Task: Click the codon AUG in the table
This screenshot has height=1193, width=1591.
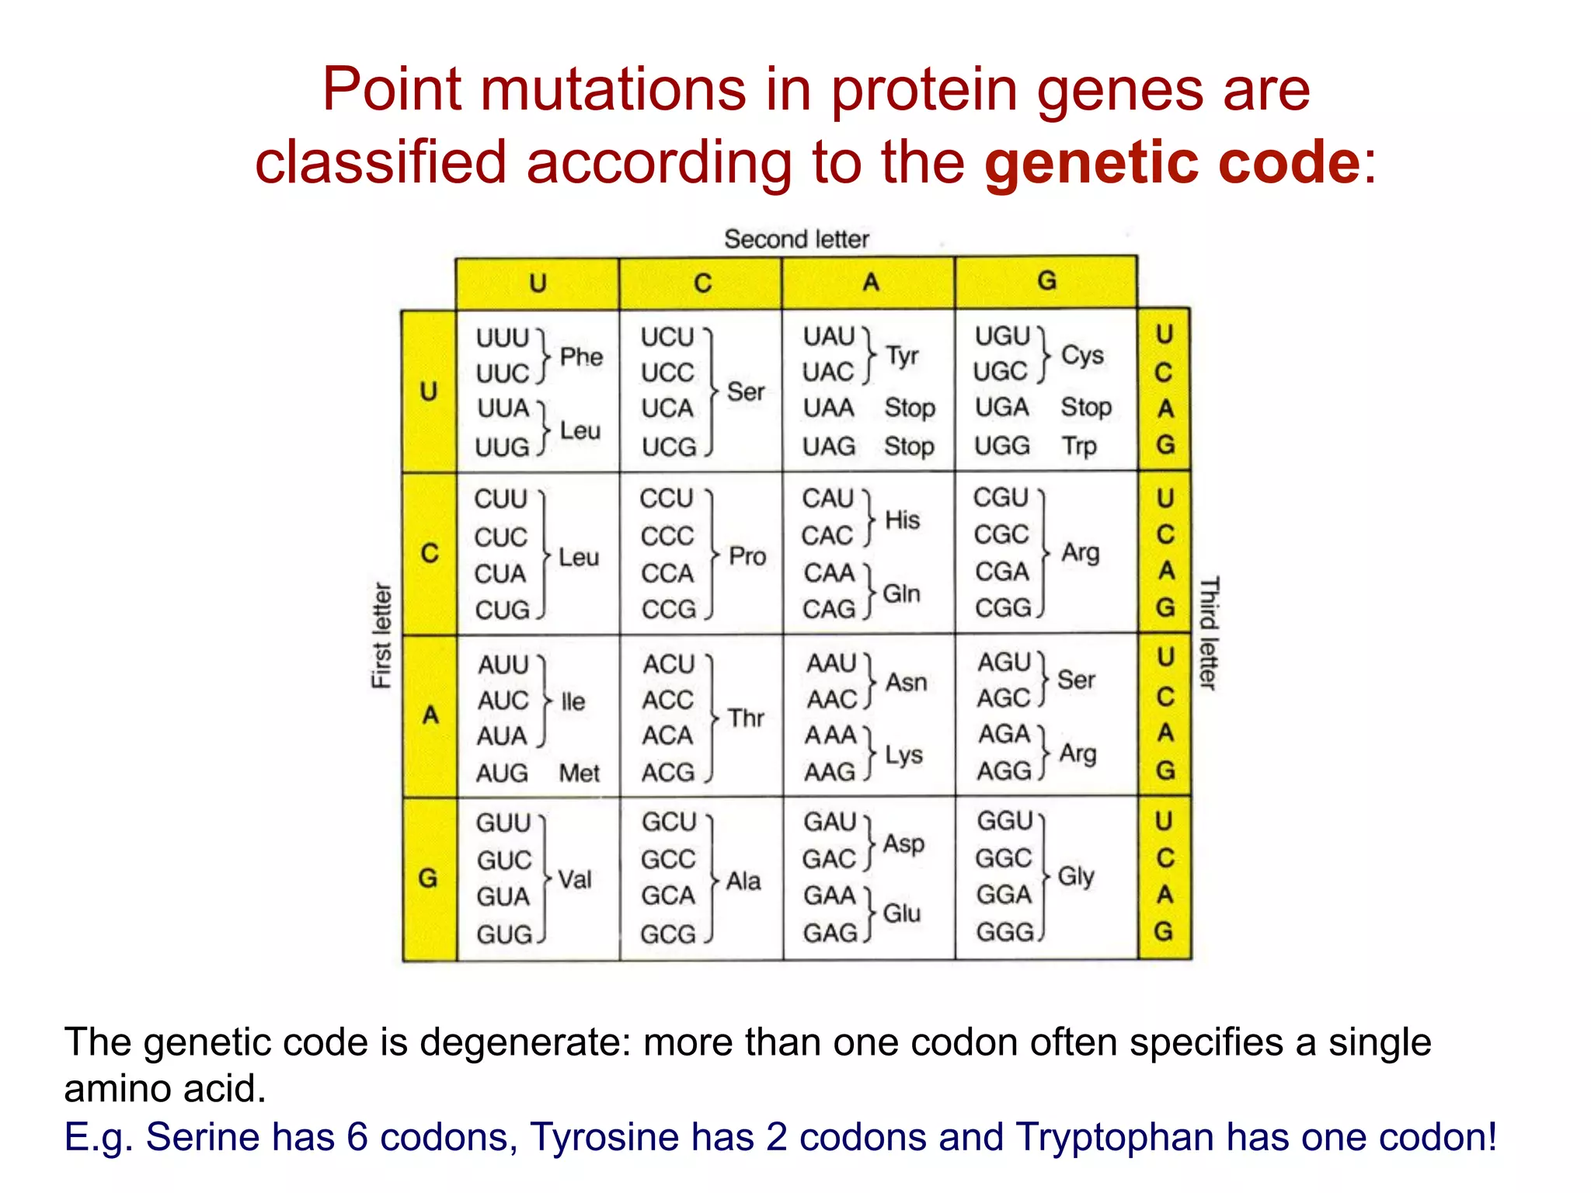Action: coord(502,773)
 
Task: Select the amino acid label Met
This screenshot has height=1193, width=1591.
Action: coord(579,773)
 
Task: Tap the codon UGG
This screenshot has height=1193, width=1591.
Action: coord(1002,446)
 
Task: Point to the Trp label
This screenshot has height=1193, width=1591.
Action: coord(1079,446)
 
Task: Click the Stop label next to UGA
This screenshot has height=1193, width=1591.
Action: coord(1086,407)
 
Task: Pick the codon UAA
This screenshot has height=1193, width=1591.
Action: coord(829,408)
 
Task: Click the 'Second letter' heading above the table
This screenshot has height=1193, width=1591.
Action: coord(796,239)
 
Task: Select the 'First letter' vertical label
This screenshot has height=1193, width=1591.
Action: coord(381,635)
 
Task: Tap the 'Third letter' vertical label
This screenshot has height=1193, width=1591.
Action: coord(1209,633)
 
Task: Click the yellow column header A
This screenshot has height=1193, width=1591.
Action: coord(870,282)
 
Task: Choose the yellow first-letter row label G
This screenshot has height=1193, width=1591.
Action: coord(428,878)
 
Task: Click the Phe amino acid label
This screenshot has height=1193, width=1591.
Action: coord(581,357)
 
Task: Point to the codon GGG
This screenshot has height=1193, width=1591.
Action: coord(1004,932)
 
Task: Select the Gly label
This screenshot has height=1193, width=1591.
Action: coord(1076,876)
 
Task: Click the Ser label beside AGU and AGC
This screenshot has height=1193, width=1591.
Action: coord(1076,680)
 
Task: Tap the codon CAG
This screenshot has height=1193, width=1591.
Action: coord(829,609)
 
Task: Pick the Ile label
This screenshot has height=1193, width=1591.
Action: coord(573,701)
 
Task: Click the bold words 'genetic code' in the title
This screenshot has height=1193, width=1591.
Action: coord(1171,162)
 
